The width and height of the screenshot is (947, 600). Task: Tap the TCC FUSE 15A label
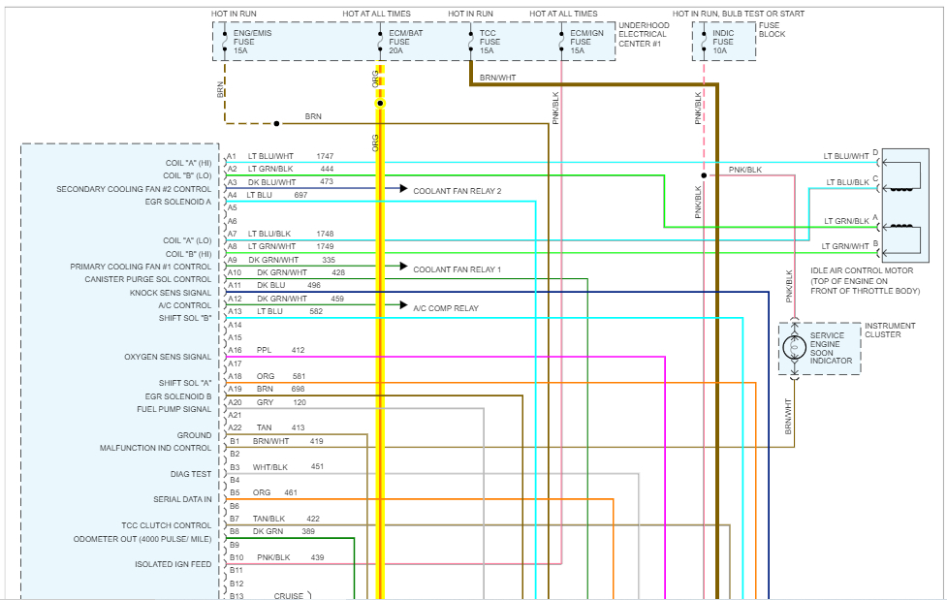489,42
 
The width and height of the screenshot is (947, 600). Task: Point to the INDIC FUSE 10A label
723,42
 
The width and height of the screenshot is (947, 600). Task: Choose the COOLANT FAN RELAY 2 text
457,191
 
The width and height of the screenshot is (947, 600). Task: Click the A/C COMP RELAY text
446,307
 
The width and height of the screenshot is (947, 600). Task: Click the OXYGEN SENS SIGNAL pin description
168,357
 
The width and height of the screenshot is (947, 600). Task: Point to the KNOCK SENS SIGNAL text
171,293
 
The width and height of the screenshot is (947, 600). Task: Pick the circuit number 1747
325,156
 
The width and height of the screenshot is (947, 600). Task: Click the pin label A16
234,350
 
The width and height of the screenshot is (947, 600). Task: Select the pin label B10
236,558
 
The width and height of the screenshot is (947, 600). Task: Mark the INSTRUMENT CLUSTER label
889,331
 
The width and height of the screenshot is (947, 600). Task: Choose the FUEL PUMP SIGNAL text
174,409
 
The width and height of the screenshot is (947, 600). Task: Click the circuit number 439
317,557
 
